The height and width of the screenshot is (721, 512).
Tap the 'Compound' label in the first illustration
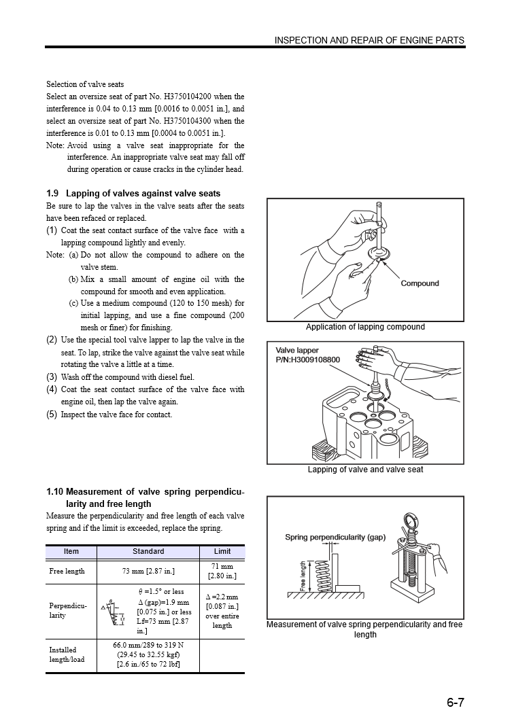420,283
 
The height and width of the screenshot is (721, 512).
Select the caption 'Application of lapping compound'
365,327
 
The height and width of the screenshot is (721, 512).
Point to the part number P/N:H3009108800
308,359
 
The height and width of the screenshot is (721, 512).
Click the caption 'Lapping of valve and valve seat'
365,470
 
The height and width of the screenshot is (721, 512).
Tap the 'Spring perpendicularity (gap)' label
335,537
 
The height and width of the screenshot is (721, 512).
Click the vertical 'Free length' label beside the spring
303,576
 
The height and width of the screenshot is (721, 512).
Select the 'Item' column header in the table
71,552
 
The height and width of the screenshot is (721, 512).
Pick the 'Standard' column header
148,552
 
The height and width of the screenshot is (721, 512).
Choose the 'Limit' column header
222,552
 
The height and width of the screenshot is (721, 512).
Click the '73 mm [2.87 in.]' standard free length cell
148,571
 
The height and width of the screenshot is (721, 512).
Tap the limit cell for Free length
222,571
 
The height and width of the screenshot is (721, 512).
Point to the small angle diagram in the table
112,609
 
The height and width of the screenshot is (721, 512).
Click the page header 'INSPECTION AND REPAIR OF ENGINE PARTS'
369,41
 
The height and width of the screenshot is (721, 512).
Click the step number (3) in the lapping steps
52,376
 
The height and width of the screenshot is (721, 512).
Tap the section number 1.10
54,492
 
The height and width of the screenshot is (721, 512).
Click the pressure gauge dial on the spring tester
410,522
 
